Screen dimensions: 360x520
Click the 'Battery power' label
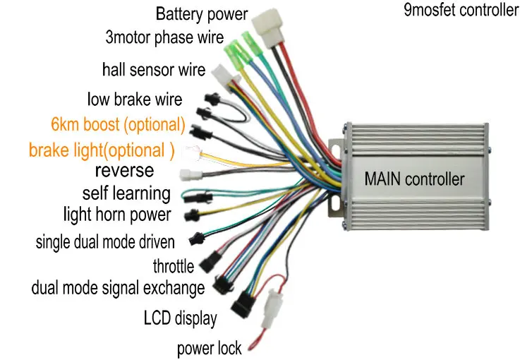point(201,13)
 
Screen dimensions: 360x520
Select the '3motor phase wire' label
point(164,37)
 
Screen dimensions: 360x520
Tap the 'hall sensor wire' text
point(154,70)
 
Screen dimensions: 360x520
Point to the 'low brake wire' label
point(135,99)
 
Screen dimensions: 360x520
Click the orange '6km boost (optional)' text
point(118,125)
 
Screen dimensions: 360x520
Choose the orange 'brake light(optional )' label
point(102,150)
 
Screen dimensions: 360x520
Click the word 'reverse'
point(124,170)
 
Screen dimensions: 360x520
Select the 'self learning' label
point(126,193)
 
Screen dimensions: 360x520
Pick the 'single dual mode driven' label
point(105,243)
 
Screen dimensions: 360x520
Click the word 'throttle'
point(173,266)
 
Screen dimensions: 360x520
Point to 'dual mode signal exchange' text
point(118,288)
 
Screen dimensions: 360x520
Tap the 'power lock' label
point(210,347)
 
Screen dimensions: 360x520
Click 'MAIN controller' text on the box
point(414,178)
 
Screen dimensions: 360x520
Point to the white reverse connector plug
point(190,175)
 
